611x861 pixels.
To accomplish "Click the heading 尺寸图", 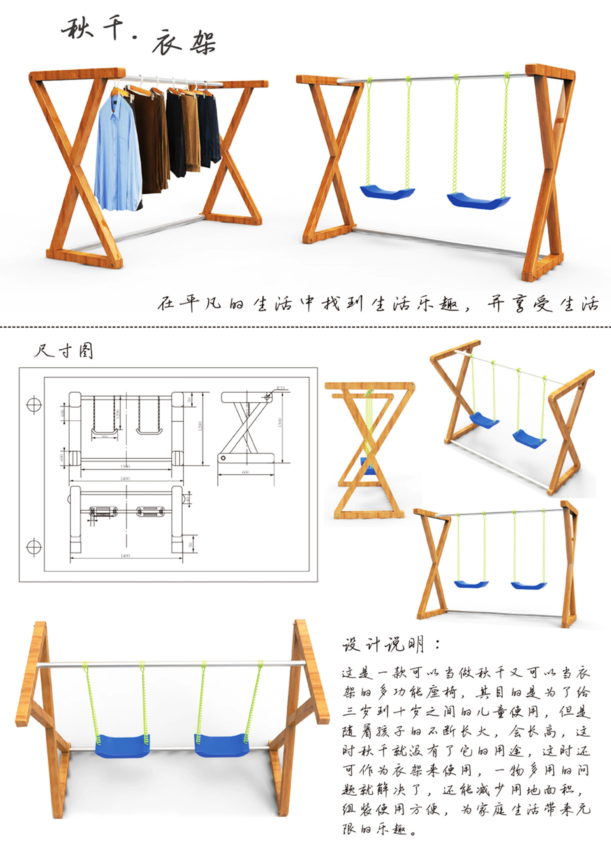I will (x=63, y=351).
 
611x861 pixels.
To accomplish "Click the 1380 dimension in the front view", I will (x=125, y=466).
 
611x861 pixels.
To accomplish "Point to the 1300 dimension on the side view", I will (x=280, y=422).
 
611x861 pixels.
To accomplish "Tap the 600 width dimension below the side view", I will (x=245, y=472).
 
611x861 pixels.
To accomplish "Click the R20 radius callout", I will (x=280, y=388).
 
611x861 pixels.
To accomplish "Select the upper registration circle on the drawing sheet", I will (x=34, y=404).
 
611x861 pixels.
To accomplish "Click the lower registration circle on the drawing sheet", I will (x=34, y=547).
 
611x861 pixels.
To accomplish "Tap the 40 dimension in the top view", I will (x=188, y=498).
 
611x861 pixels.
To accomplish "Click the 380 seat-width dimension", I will (x=104, y=437).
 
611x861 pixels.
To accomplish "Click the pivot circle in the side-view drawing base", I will (x=223, y=458).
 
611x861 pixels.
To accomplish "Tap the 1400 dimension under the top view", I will (x=125, y=556).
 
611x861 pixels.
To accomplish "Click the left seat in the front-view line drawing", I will (x=104, y=431).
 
